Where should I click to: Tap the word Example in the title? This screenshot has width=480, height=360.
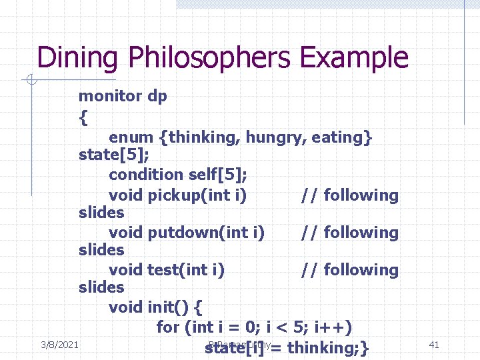tap(353, 58)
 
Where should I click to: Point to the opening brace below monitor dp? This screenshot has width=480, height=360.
tap(83, 118)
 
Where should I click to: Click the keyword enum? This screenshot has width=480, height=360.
tap(131, 137)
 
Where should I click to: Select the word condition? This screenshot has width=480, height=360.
tap(143, 175)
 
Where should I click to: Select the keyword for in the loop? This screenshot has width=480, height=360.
tap(168, 327)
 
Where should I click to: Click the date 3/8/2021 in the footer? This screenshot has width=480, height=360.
tap(60, 344)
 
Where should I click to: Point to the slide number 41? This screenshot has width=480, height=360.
tap(433, 344)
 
